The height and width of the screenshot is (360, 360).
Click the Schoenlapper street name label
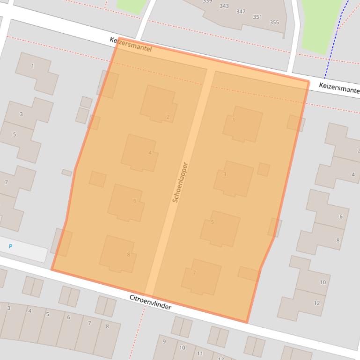point(180,182)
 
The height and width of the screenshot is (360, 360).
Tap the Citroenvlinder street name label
point(150,302)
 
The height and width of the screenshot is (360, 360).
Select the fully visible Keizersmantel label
point(131,45)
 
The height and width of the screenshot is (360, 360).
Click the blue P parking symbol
point(11,246)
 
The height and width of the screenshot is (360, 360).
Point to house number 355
point(274,22)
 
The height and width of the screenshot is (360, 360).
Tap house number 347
point(241,12)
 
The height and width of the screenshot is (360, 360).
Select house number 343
point(224,6)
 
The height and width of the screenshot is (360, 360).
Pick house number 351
point(257,17)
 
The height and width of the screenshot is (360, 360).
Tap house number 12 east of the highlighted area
point(317,303)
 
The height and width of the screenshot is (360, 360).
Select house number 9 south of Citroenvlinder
point(164,342)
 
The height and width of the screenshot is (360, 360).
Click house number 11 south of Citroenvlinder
point(200,353)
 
